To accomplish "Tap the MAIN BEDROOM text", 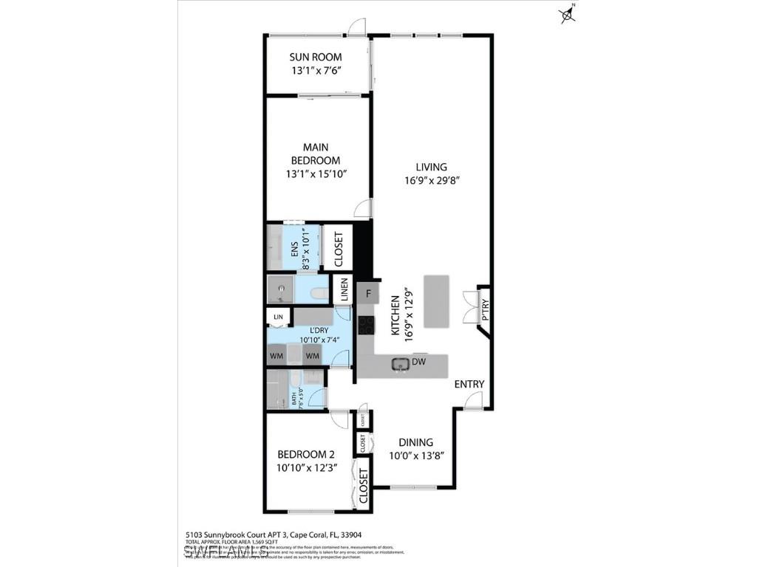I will coord(315,154).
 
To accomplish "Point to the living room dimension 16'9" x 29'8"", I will coord(431,180).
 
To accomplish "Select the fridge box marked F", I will coord(367,293).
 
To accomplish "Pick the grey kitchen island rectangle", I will coord(436,301).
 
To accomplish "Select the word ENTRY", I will coord(469,384).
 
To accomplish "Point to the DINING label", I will coord(415,442).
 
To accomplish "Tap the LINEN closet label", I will coord(344,289).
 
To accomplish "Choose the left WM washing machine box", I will coord(276,356).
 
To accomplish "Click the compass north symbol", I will coord(568,13).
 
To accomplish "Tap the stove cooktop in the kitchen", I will coord(365,325).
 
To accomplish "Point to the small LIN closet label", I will coord(278,317).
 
